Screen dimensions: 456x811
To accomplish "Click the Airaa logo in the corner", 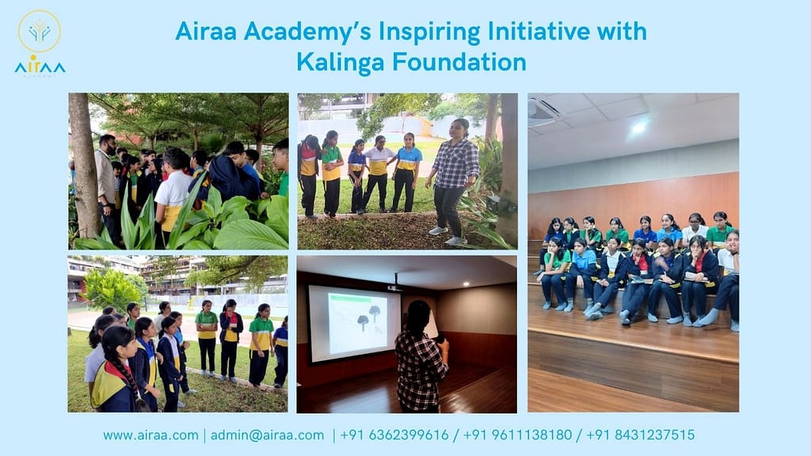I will coord(40,43).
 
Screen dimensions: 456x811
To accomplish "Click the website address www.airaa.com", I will coord(150,435).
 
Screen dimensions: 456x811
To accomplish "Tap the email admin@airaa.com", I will coord(268,435).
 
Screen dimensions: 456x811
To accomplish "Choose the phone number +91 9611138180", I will coord(517,435).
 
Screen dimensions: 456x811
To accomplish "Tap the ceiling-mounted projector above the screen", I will coord(394,287).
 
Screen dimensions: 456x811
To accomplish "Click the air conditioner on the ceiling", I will coord(543,112).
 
